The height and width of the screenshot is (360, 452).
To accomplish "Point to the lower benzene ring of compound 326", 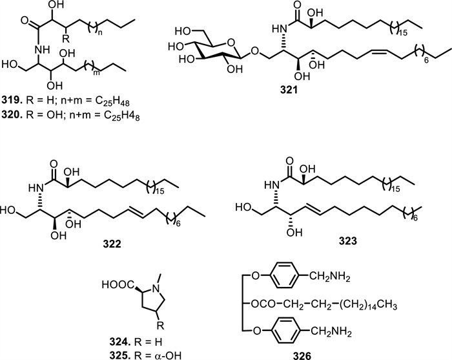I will [x=364, y=330].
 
